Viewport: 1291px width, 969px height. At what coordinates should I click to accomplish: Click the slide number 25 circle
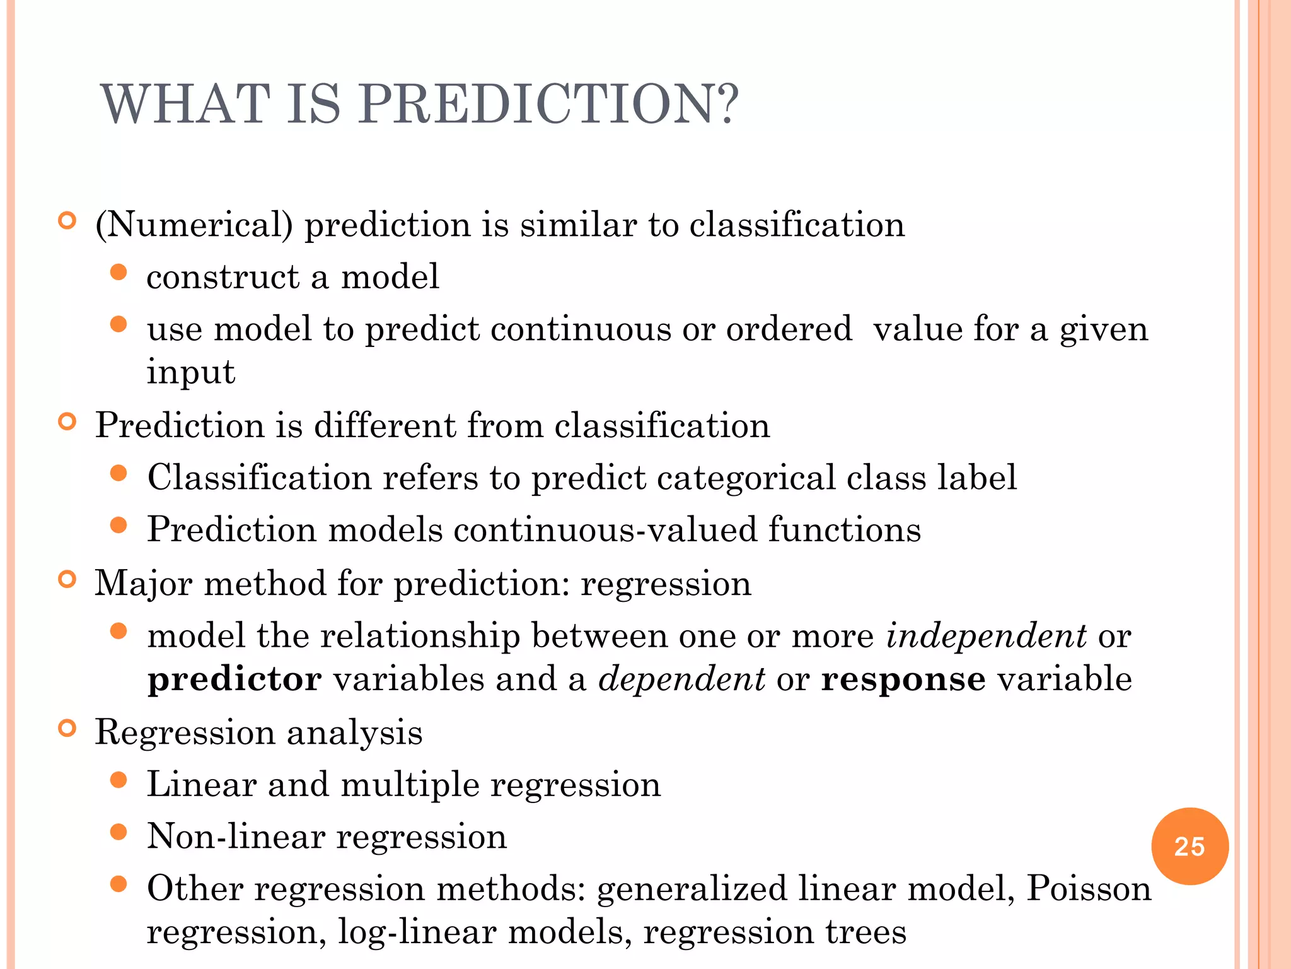[x=1190, y=846]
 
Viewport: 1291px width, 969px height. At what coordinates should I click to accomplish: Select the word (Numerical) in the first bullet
[x=194, y=225]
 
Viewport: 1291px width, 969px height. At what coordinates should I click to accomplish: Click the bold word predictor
[x=234, y=680]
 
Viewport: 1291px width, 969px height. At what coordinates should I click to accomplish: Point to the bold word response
[x=903, y=680]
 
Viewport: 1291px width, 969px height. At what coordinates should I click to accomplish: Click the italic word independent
[x=986, y=635]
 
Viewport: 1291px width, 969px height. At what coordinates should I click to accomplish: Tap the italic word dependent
[x=681, y=680]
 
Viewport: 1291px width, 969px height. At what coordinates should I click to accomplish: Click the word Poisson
[x=1089, y=889]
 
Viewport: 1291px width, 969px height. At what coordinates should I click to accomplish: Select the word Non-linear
[x=234, y=837]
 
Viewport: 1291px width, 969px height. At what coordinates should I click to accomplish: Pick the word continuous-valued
[x=605, y=529]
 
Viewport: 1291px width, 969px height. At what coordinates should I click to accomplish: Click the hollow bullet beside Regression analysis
[x=67, y=729]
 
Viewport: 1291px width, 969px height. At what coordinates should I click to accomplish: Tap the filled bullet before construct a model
[x=119, y=273]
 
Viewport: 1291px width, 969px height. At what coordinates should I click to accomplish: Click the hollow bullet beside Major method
[x=67, y=579]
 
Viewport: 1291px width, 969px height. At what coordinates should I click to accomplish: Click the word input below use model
[x=190, y=372]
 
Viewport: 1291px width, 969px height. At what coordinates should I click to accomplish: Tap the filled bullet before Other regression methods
[x=119, y=884]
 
